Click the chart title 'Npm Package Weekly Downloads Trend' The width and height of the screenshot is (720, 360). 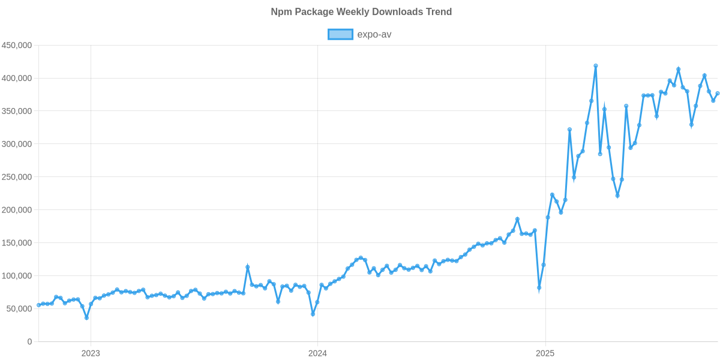pyautogui.click(x=361, y=12)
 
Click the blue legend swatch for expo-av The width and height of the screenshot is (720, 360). pyautogui.click(x=340, y=34)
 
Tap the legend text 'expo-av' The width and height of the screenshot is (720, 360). pyautogui.click(x=374, y=34)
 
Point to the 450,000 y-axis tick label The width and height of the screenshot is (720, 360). pyautogui.click(x=17, y=46)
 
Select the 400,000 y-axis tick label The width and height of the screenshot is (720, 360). pyautogui.click(x=17, y=79)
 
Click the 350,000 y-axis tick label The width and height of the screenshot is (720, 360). pyautogui.click(x=17, y=112)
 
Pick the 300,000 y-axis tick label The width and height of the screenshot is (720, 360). pyautogui.click(x=17, y=145)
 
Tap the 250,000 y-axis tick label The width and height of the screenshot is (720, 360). pyautogui.click(x=17, y=178)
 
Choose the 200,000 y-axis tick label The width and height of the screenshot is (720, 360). pyautogui.click(x=17, y=210)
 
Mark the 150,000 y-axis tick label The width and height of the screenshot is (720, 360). pyautogui.click(x=17, y=243)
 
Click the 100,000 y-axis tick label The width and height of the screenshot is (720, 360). pyautogui.click(x=17, y=276)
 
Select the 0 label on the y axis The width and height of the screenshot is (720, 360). pyautogui.click(x=29, y=342)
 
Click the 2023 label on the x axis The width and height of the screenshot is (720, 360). pyautogui.click(x=91, y=353)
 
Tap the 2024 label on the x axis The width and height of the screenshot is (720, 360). pyautogui.click(x=317, y=353)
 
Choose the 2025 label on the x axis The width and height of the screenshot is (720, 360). pyautogui.click(x=545, y=353)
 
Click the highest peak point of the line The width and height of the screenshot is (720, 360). pyautogui.click(x=595, y=66)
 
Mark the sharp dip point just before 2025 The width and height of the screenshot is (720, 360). pyautogui.click(x=539, y=289)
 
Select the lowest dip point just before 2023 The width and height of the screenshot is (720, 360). pyautogui.click(x=86, y=318)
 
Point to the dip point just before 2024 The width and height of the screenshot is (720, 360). pyautogui.click(x=313, y=314)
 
